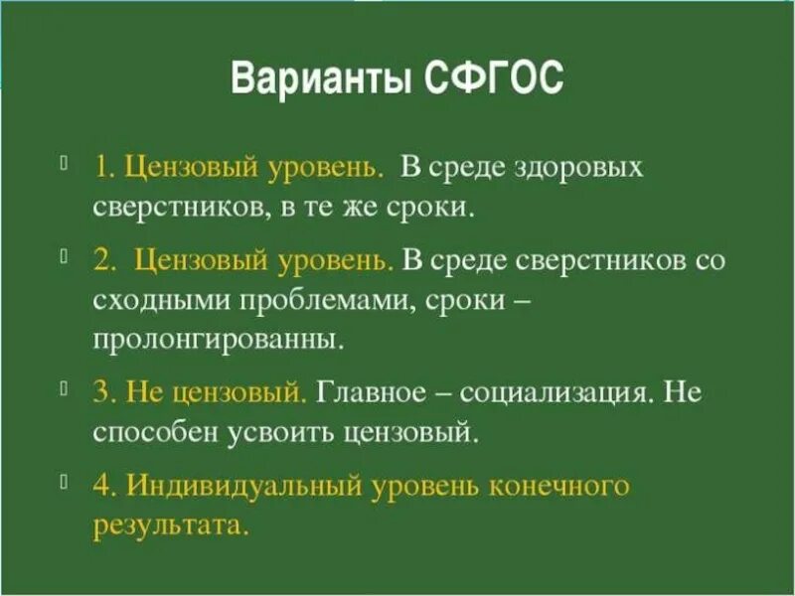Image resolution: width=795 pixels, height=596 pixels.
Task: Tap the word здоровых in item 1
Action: coord(584,167)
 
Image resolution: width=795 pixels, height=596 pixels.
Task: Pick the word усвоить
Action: coord(288,433)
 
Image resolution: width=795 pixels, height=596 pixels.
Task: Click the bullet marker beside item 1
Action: coord(64,162)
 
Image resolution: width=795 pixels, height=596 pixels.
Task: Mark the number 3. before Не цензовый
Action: coord(104,392)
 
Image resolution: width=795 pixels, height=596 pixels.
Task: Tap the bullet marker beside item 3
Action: coord(64,386)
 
